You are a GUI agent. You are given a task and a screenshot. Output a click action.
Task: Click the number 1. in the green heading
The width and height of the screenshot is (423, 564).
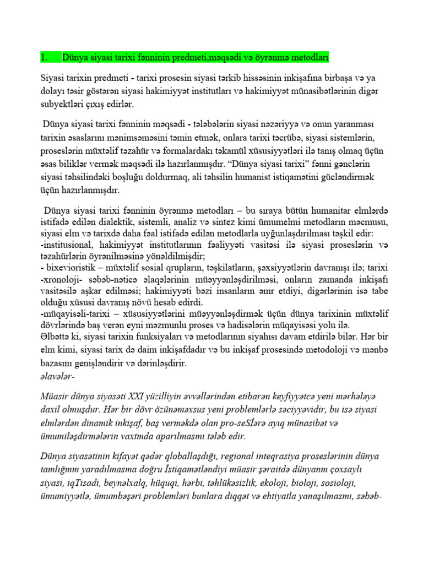[x=45, y=58]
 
